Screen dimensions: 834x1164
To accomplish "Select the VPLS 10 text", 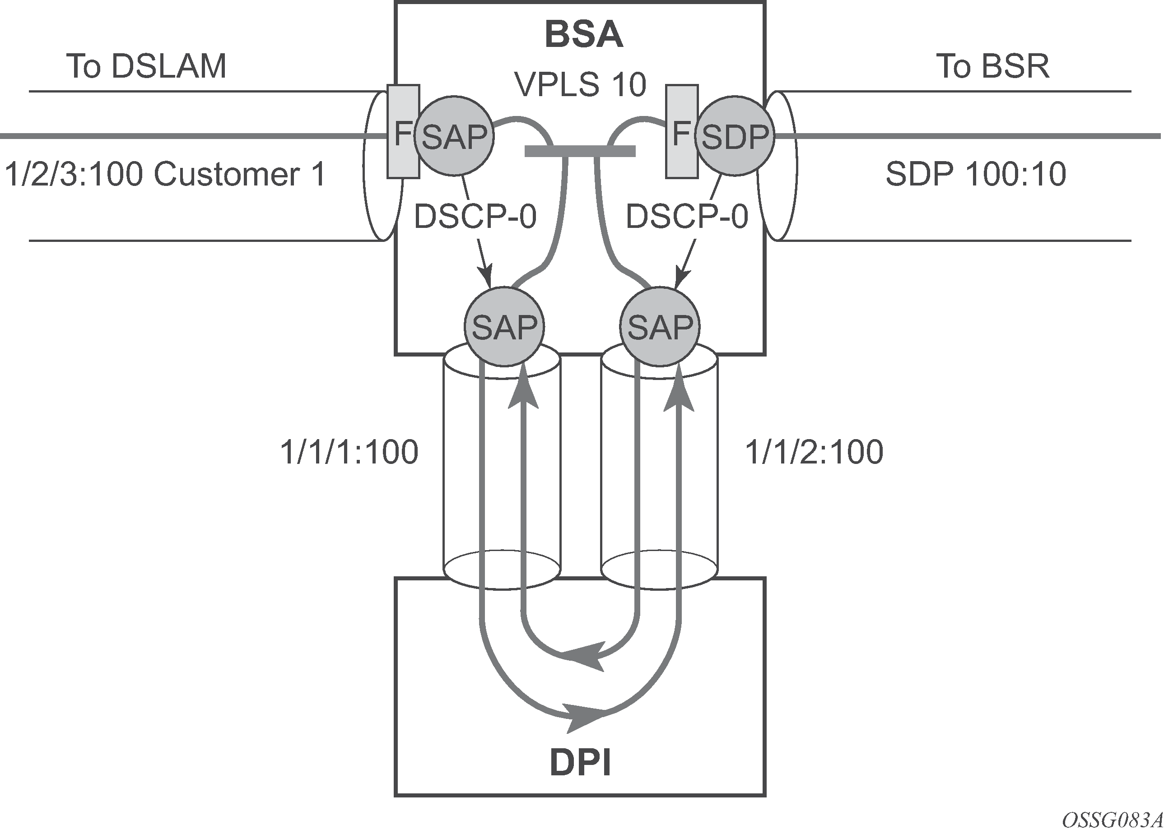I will [581, 85].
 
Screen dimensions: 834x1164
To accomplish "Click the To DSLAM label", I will [146, 66].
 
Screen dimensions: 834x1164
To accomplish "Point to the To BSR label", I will [992, 66].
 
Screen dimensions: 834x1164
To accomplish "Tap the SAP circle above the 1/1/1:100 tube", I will [504, 327].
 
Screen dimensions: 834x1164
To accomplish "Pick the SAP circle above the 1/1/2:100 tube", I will [660, 327].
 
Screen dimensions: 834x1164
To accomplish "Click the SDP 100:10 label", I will [976, 174].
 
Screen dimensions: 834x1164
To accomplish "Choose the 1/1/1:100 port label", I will [349, 452].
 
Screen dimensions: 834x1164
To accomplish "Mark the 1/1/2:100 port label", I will [814, 452].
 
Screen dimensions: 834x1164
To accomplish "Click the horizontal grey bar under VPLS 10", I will [580, 151].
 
